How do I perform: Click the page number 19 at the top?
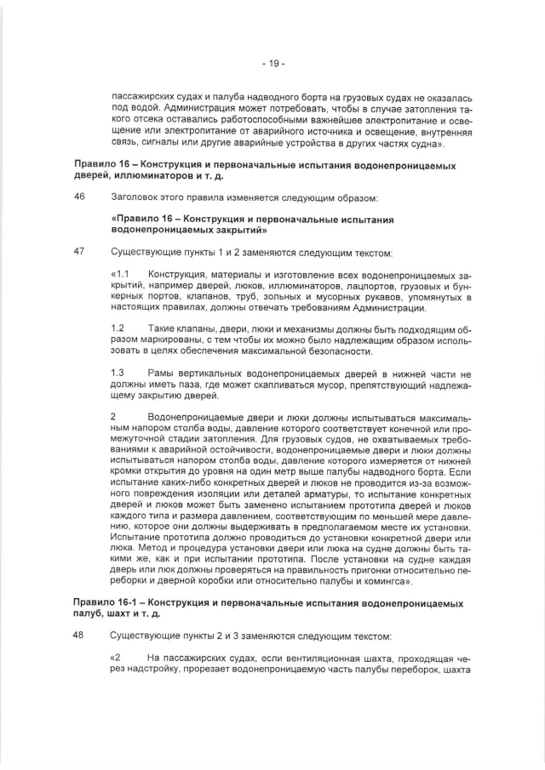point(272,63)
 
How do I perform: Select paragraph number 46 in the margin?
point(81,197)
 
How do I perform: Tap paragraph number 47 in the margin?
point(81,253)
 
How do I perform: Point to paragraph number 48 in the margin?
point(81,636)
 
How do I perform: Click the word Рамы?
point(161,374)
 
